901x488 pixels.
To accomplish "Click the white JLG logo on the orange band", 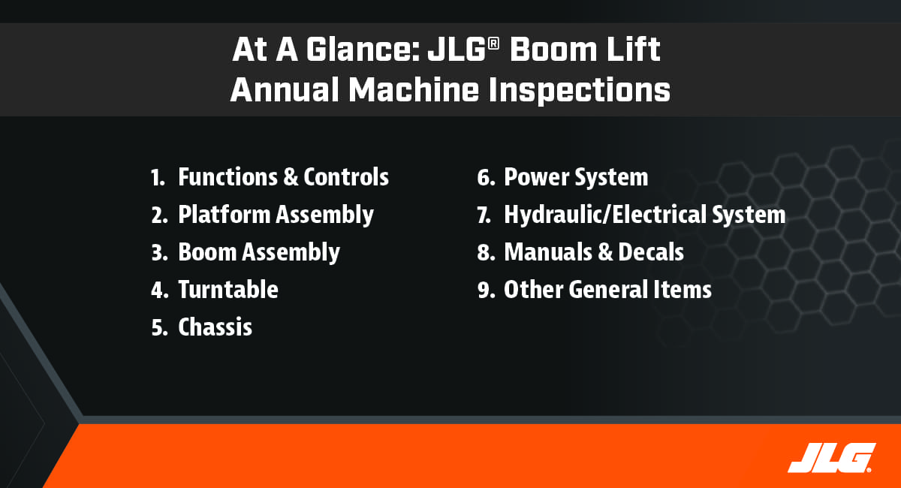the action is pos(832,458).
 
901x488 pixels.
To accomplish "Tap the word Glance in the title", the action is pos(363,50).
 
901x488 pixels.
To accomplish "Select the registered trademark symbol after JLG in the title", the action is pos(493,44).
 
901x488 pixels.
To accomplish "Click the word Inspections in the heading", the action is pos(580,91).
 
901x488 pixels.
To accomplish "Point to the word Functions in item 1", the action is pos(228,177).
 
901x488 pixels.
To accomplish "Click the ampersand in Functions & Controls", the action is pos(291,177).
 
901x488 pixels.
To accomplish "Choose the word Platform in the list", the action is pos(224,215).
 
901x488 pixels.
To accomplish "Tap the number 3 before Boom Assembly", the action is pos(159,253).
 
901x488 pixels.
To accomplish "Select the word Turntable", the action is pos(228,290).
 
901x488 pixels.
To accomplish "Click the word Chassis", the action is pos(215,327).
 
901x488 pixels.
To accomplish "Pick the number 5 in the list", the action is pos(159,327).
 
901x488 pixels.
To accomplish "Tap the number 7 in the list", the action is pos(484,215).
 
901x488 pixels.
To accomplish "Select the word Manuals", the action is pos(548,252).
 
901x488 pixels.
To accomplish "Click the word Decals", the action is pos(651,252).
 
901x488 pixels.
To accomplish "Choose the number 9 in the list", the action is pos(486,290).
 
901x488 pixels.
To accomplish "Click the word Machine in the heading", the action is pos(413,89).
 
